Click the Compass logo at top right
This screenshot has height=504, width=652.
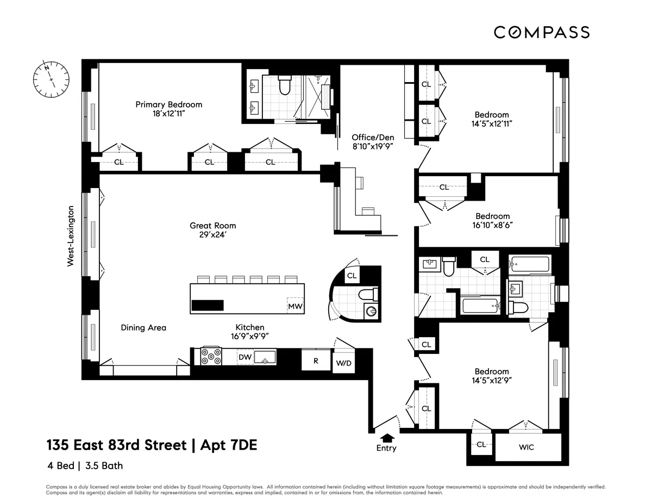click(x=541, y=32)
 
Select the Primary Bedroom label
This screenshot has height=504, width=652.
click(x=168, y=104)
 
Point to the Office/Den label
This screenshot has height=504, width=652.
click(x=372, y=138)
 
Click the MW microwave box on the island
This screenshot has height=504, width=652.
click(x=295, y=307)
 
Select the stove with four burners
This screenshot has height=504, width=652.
click(x=211, y=356)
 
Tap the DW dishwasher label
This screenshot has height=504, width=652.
click(x=244, y=357)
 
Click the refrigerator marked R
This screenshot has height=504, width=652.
click(x=316, y=360)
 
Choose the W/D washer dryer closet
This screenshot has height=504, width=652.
click(x=343, y=363)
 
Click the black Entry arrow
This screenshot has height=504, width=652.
click(x=387, y=437)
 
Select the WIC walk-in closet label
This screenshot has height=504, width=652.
click(x=526, y=447)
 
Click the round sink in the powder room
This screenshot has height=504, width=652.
click(x=371, y=312)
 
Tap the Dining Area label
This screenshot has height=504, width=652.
click(x=143, y=328)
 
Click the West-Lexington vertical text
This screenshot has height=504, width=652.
click(x=70, y=236)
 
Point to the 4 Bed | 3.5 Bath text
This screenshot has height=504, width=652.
click(x=84, y=466)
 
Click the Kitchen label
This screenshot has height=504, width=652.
click(x=249, y=327)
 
